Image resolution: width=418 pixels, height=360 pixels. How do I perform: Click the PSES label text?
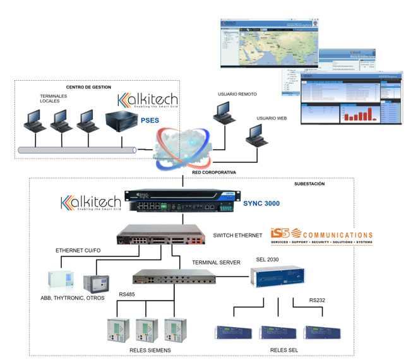(150, 119)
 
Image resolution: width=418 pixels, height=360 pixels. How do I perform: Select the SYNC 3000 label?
(261, 203)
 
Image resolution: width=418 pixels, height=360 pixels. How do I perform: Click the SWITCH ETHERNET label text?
(237, 236)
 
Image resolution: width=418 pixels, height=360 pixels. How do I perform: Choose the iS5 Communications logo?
(321, 236)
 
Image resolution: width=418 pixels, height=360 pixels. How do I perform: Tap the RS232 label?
(318, 300)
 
